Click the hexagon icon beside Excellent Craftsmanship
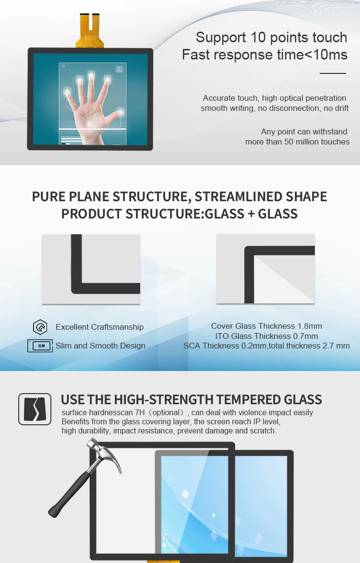[40, 327]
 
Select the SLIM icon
[40, 346]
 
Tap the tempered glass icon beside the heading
[35, 409]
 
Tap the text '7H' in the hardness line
[144, 413]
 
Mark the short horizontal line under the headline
[333, 73]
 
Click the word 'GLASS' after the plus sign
[278, 214]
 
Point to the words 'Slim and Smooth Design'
[100, 346]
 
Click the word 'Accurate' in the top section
[218, 98]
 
